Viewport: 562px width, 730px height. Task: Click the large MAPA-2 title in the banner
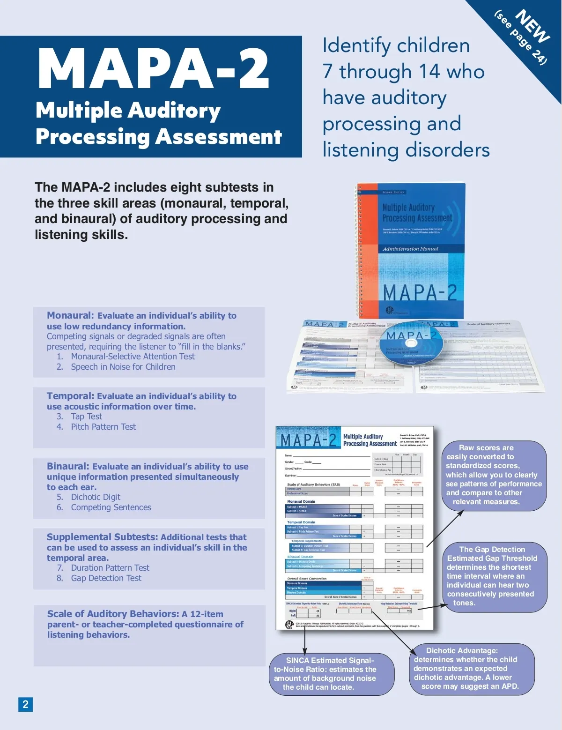point(153,69)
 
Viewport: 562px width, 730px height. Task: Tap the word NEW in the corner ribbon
point(532,26)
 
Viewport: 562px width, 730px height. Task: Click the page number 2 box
point(25,704)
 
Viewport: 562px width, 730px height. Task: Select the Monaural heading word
point(70,315)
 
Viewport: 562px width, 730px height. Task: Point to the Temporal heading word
point(70,396)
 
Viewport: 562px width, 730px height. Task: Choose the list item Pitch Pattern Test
point(103,427)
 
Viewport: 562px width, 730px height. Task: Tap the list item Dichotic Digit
point(96,497)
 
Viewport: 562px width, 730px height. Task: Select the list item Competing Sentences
point(111,507)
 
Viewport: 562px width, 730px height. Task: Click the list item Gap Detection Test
point(106,578)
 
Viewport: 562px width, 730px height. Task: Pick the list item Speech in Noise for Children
point(123,367)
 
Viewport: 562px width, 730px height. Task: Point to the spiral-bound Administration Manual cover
point(411,248)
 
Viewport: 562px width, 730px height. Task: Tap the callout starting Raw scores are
point(494,475)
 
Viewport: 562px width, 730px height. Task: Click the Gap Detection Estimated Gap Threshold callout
point(494,576)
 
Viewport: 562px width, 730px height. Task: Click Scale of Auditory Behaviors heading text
point(113,614)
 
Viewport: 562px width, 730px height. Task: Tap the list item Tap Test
point(86,417)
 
